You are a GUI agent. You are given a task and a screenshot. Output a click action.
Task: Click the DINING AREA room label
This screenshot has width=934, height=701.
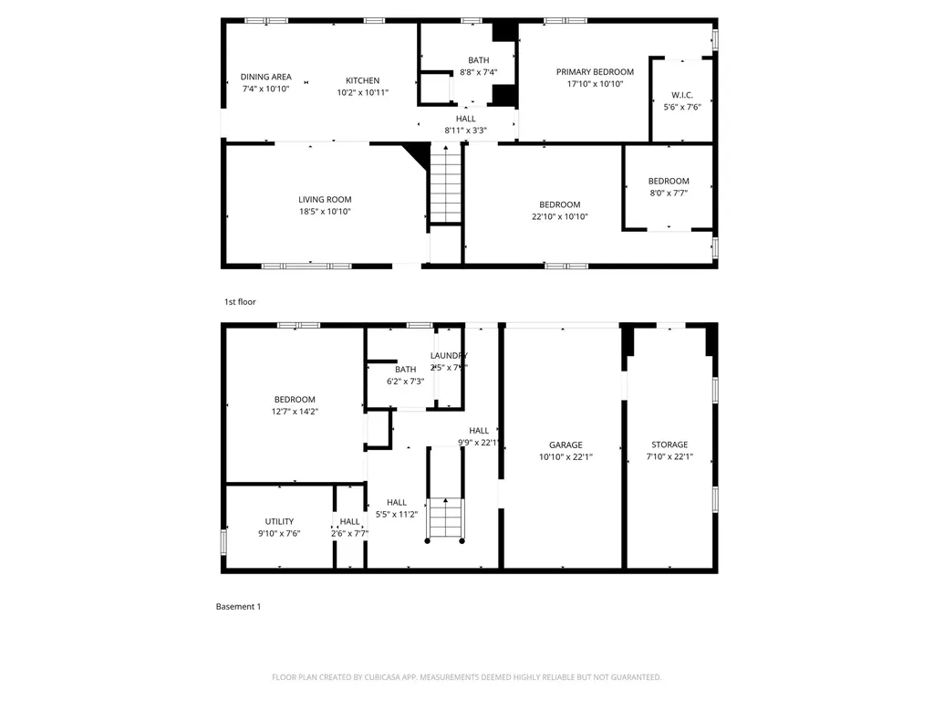(x=265, y=77)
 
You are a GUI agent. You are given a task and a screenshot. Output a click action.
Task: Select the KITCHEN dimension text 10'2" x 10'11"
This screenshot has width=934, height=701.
(x=362, y=92)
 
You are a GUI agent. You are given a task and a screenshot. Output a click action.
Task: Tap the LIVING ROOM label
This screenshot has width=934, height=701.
(x=325, y=200)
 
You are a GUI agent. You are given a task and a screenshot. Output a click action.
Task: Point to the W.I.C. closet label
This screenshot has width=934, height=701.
(x=681, y=94)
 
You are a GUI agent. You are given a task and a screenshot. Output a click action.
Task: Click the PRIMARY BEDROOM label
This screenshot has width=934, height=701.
(x=595, y=71)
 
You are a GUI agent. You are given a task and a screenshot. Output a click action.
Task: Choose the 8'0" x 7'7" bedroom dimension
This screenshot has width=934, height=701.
(x=669, y=193)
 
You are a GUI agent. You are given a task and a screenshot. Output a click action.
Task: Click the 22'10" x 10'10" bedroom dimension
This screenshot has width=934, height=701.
(x=559, y=216)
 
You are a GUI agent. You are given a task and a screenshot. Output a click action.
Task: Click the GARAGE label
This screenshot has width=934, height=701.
(x=566, y=445)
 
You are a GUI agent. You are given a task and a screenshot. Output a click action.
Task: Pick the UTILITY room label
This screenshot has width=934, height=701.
(x=279, y=522)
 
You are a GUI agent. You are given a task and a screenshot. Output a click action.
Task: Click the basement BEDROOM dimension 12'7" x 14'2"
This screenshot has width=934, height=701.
(x=295, y=412)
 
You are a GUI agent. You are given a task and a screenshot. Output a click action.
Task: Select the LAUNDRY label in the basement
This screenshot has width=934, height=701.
(x=449, y=356)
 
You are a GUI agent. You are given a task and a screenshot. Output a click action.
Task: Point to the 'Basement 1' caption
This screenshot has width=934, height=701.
(x=238, y=606)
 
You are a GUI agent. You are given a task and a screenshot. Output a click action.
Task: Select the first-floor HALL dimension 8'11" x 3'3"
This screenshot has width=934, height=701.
(x=465, y=131)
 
